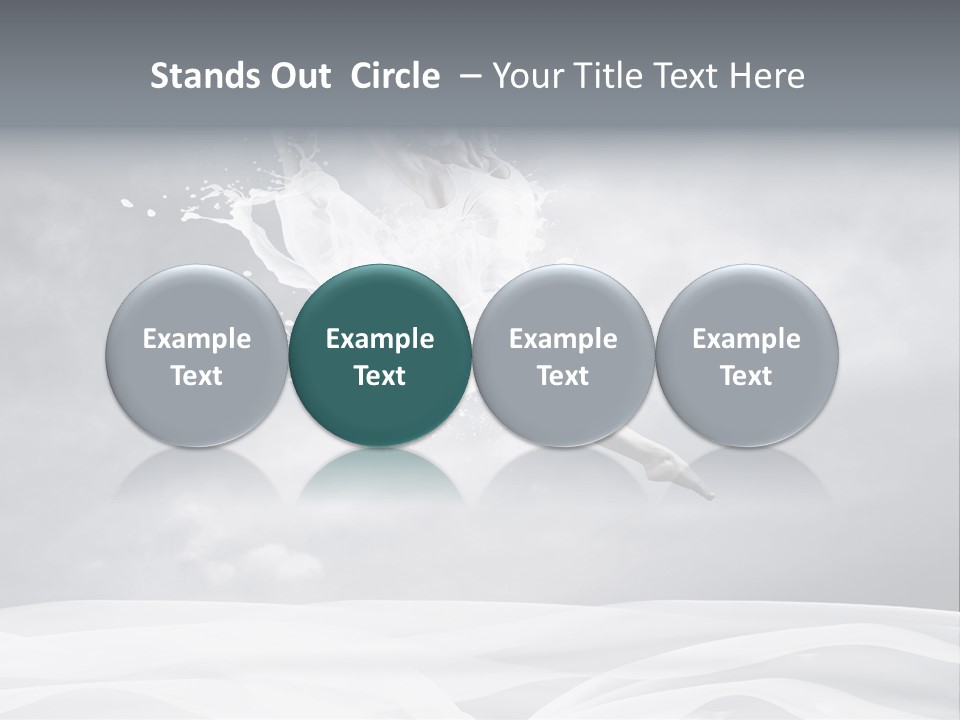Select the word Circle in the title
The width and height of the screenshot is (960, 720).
pyautogui.click(x=395, y=76)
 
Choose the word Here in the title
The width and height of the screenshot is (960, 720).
pyautogui.click(x=765, y=76)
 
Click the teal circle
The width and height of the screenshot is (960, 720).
pyautogui.click(x=380, y=355)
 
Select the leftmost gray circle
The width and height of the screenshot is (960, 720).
pyautogui.click(x=196, y=355)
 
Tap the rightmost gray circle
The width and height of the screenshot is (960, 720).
pyautogui.click(x=746, y=355)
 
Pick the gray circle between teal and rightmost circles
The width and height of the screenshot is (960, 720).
pyautogui.click(x=563, y=355)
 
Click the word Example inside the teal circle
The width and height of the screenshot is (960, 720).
pyautogui.click(x=380, y=339)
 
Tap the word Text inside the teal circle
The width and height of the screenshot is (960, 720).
pyautogui.click(x=380, y=376)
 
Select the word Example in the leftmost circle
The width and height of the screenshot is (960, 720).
pyautogui.click(x=196, y=339)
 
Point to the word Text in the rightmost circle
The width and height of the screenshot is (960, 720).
pyautogui.click(x=746, y=376)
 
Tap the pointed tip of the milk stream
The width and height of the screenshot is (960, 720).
pyautogui.click(x=711, y=494)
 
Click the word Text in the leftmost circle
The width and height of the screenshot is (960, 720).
pyautogui.click(x=196, y=376)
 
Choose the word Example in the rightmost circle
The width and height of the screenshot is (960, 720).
pyautogui.click(x=746, y=339)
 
